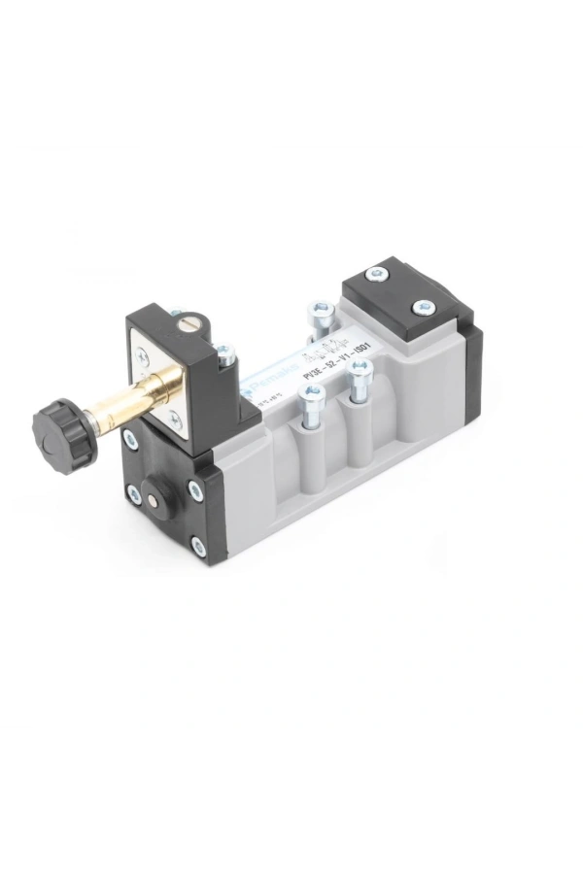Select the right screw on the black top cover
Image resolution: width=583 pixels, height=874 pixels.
tap(422, 308)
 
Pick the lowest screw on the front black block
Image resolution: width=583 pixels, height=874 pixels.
tap(199, 547)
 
